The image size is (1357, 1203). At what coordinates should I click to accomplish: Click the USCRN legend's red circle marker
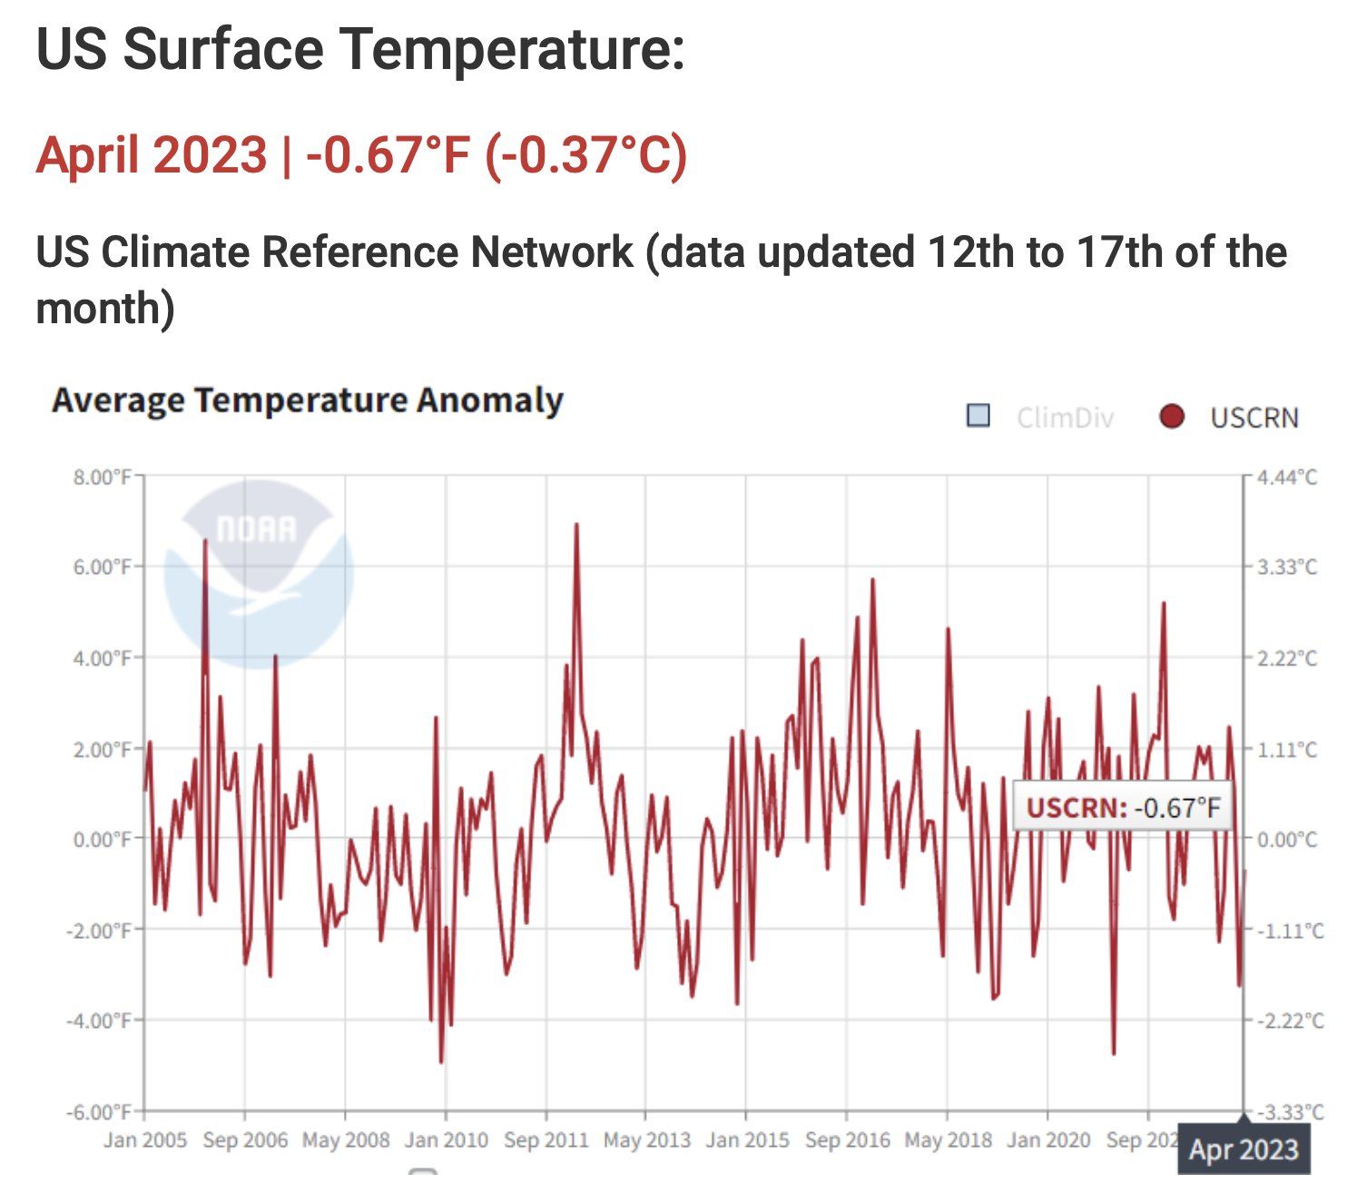point(1172,417)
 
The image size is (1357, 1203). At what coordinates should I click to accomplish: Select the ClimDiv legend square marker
point(978,416)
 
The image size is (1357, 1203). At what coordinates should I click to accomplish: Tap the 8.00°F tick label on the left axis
point(103,477)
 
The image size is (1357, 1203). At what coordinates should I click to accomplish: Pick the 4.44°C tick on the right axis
point(1286,477)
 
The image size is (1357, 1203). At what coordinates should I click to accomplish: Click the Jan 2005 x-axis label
point(145,1140)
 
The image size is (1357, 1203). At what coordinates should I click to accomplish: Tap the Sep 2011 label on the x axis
point(546,1140)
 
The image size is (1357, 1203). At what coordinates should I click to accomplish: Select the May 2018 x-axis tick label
point(948,1140)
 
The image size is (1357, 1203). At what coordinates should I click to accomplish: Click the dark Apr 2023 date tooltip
point(1244,1149)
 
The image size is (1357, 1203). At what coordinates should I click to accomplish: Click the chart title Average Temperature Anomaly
point(308,400)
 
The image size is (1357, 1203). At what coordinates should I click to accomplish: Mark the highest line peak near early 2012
point(576,525)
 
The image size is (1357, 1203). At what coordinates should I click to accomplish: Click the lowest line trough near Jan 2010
point(441,1061)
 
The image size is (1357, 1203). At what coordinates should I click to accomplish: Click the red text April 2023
point(152,154)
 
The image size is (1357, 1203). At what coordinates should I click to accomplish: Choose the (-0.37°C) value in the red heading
point(586,154)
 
